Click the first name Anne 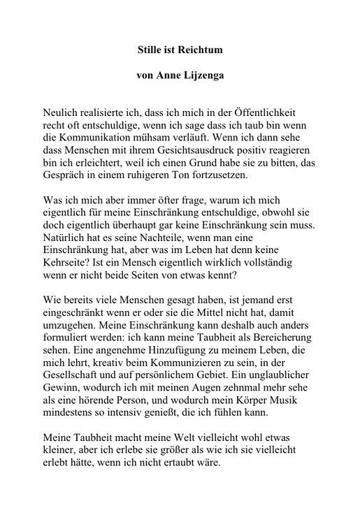click(166, 75)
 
